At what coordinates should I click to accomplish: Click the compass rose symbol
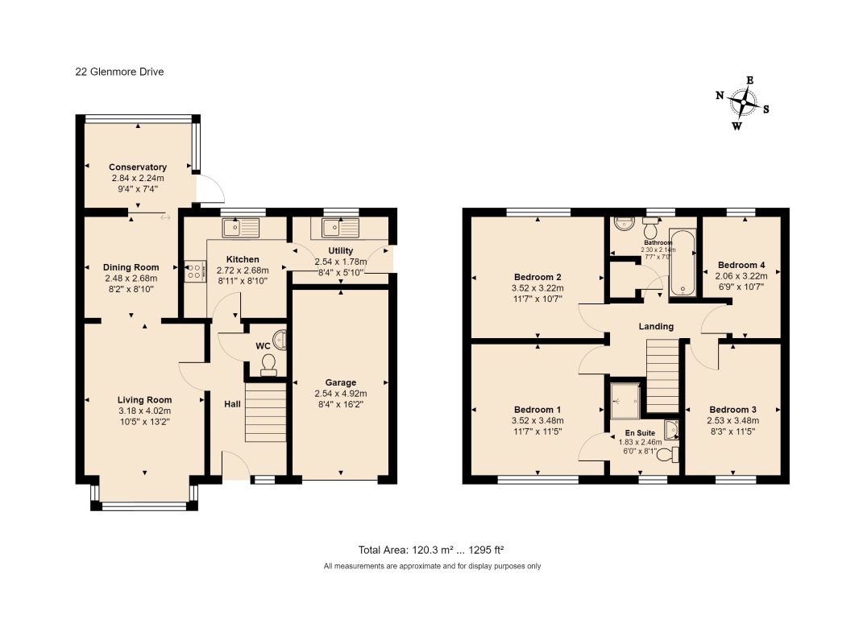744,103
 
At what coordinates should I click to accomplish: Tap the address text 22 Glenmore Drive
119,72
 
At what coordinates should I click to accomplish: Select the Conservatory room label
138,167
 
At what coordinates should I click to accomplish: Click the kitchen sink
240,226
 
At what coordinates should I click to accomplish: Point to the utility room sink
340,226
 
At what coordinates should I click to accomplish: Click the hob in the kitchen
195,270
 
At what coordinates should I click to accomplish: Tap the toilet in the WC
268,365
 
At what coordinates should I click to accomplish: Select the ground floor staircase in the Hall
265,412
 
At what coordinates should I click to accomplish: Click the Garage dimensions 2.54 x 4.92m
341,394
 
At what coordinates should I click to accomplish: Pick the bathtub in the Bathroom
683,263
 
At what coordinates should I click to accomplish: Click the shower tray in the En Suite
625,401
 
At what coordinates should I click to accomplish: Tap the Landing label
656,326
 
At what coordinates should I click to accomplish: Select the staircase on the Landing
663,375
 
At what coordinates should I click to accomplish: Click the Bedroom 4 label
741,265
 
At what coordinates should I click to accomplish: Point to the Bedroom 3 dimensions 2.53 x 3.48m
733,420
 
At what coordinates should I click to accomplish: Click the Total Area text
431,550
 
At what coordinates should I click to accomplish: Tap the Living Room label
144,400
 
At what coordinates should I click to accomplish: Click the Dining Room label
131,267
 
